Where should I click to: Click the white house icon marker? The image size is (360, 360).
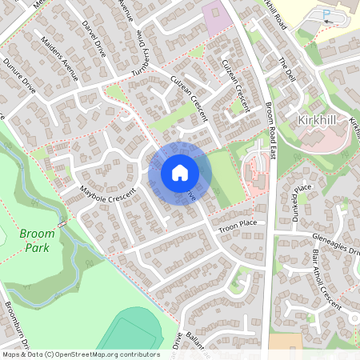[180, 172]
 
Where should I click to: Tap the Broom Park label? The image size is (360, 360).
[38, 241]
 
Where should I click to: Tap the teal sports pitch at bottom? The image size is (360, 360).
[128, 332]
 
